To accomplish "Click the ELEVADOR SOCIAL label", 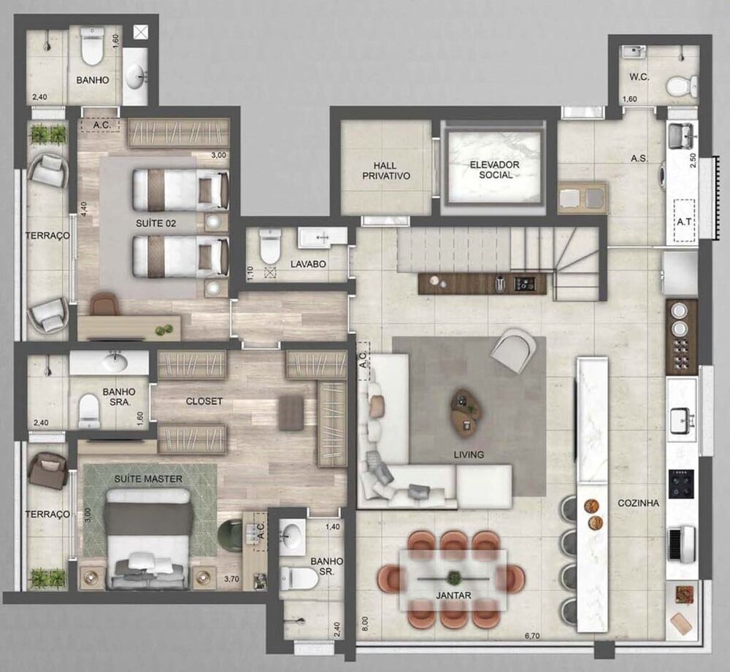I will point(495,170).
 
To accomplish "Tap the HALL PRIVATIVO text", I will point(386,171).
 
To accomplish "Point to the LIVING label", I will point(468,455).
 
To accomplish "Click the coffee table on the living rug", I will point(466,412).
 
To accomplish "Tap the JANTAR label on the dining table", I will point(453,595).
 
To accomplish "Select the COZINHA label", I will point(638,503).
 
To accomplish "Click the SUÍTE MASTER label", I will point(148,479).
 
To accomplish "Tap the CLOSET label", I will point(204,401).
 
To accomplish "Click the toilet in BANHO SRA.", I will point(89,412).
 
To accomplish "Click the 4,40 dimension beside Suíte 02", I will point(85,208).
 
